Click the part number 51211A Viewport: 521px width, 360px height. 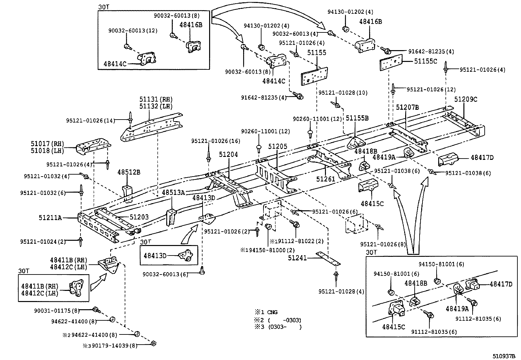[50, 217]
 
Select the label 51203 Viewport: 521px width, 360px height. [139, 217]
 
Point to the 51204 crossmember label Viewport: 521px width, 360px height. [228, 155]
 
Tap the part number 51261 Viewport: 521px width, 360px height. [326, 179]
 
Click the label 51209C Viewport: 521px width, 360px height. [466, 99]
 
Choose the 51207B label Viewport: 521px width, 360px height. [407, 107]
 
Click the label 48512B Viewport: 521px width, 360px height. [129, 172]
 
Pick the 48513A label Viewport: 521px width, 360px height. [173, 192]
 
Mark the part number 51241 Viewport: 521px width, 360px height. [297, 258]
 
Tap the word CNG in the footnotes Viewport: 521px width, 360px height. [272, 312]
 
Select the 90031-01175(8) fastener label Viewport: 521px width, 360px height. [57, 310]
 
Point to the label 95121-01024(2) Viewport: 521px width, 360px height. [43, 242]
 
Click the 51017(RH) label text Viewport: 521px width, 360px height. [47, 143]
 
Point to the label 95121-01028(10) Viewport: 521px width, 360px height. [343, 93]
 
